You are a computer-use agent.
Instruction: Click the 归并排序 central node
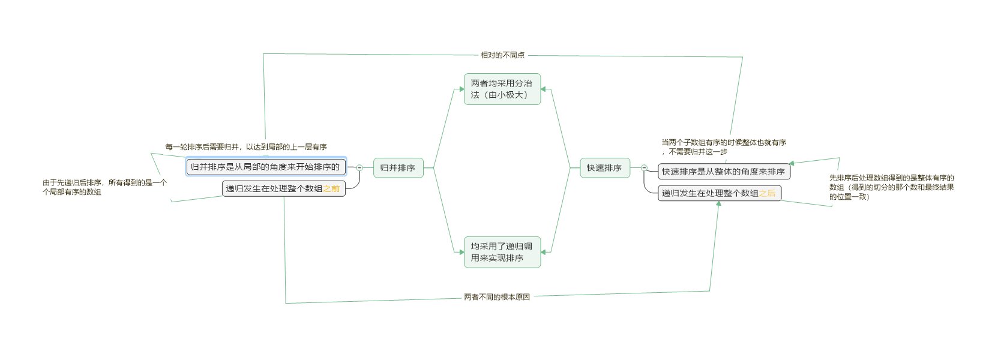[x=398, y=168]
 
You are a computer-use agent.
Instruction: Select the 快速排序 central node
[x=604, y=168]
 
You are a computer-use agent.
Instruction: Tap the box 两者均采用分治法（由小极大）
[x=502, y=89]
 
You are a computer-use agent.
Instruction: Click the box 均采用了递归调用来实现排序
[x=502, y=252]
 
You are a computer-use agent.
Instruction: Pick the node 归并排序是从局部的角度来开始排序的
[x=265, y=167]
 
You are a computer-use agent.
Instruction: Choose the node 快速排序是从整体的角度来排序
[x=723, y=172]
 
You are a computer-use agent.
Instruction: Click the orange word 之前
[x=331, y=188]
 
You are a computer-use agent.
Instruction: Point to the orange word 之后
[x=767, y=193]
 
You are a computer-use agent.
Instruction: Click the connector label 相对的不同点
[x=502, y=55]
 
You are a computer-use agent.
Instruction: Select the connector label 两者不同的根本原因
[x=497, y=297]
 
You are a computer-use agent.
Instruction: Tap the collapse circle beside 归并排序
[x=359, y=168]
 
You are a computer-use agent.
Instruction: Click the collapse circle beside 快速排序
[x=644, y=168]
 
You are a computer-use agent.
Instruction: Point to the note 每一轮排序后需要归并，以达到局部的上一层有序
[x=246, y=147]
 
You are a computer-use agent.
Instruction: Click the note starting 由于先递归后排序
[x=104, y=187]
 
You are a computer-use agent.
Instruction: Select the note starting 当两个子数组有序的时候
[x=723, y=147]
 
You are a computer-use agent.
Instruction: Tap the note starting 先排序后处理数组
[x=891, y=187]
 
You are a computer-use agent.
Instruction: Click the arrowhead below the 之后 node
[x=718, y=204]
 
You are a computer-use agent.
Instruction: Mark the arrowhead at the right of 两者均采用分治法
[x=544, y=89]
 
